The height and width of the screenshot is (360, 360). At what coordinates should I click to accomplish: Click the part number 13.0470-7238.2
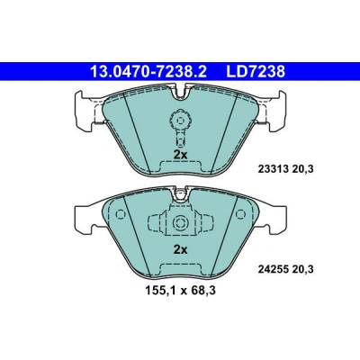coord(148,72)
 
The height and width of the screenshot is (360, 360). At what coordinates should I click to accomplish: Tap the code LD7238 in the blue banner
coord(256,72)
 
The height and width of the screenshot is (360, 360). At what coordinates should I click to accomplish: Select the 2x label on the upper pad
coord(181,155)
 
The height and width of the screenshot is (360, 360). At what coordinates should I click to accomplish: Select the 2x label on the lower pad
coord(181,249)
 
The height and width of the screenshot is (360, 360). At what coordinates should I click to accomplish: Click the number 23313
coord(272,169)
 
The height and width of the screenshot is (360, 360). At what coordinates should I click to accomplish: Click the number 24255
coord(272,269)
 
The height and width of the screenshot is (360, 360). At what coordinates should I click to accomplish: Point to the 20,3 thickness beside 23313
coord(301,169)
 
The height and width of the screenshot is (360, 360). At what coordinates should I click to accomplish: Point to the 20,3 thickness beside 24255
coord(301,269)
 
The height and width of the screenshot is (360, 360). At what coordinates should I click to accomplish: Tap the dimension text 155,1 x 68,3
coord(180,291)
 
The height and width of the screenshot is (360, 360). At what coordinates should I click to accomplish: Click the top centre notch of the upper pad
coord(180,92)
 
